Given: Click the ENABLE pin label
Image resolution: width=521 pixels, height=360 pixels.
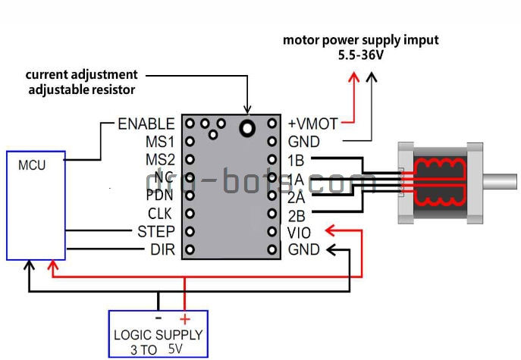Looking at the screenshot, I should (x=146, y=124).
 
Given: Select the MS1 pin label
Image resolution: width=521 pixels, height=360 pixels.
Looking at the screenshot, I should (x=160, y=141).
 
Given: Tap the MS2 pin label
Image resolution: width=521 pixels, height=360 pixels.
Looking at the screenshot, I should (x=160, y=159).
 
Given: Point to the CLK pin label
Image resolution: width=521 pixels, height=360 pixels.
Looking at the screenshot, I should (x=161, y=214).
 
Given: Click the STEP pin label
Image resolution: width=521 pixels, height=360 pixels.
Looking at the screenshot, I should (x=156, y=231).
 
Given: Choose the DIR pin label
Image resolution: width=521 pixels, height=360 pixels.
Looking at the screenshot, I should (x=162, y=249).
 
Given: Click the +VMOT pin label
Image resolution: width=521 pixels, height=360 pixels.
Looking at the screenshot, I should (x=312, y=124).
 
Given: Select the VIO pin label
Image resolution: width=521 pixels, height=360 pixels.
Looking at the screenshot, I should (x=300, y=231).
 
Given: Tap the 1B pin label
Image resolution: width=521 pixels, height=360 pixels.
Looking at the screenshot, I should (x=297, y=159).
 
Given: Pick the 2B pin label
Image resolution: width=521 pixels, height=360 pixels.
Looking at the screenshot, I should (x=297, y=214).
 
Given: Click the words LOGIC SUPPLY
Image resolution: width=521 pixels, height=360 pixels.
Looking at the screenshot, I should (x=158, y=335).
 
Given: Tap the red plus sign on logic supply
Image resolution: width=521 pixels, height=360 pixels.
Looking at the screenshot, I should (x=184, y=320).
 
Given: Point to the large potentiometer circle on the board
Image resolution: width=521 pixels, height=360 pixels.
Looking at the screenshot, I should (x=246, y=128).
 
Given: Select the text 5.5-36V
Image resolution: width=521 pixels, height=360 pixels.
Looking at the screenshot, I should (x=360, y=55).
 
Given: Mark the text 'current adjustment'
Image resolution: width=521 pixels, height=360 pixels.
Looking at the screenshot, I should (x=82, y=75).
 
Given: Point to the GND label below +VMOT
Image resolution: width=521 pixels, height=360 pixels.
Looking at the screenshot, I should (x=303, y=141).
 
